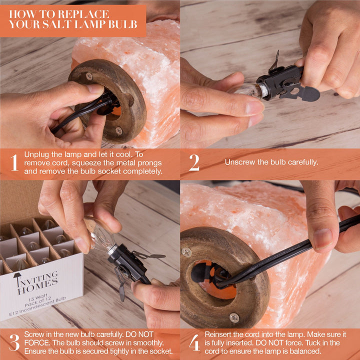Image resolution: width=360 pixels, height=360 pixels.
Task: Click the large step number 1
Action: pyautogui.click(x=14, y=162)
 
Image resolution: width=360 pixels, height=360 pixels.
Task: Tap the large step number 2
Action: pyautogui.click(x=194, y=162)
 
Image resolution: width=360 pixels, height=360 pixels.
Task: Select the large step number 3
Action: pyautogui.click(x=14, y=342)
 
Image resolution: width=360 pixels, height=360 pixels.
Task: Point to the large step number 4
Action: pyautogui.click(x=194, y=342)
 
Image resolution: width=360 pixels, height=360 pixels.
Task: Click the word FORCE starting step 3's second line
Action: pyautogui.click(x=37, y=343)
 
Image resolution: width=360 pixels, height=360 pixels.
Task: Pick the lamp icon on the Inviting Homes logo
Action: pyautogui.click(x=17, y=279)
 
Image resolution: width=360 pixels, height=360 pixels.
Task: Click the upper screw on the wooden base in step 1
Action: pyautogui.click(x=89, y=76)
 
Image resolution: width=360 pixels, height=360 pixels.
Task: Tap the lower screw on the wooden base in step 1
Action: pyautogui.click(x=119, y=131)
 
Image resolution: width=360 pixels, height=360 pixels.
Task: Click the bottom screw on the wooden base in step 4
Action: pyautogui.click(x=234, y=318)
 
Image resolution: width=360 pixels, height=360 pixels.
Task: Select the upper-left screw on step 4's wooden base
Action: pyautogui.click(x=186, y=252)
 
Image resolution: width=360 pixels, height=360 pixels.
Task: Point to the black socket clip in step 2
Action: pyautogui.click(x=287, y=82)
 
